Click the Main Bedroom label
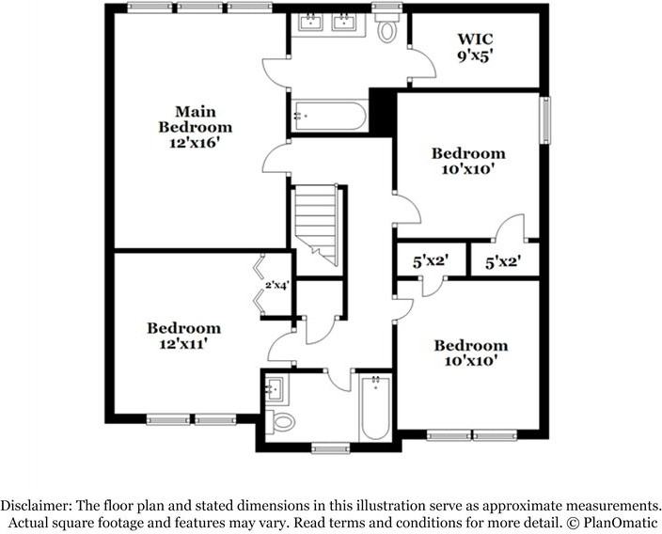point(195,119)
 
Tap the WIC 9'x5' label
point(475,47)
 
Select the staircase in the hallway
point(317,226)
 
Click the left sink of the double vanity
point(312,23)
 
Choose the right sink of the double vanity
point(346,23)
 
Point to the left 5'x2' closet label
point(429,264)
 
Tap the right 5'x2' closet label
point(503,264)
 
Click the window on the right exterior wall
point(544,119)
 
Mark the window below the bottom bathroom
point(331,448)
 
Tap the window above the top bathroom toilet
point(386,8)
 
